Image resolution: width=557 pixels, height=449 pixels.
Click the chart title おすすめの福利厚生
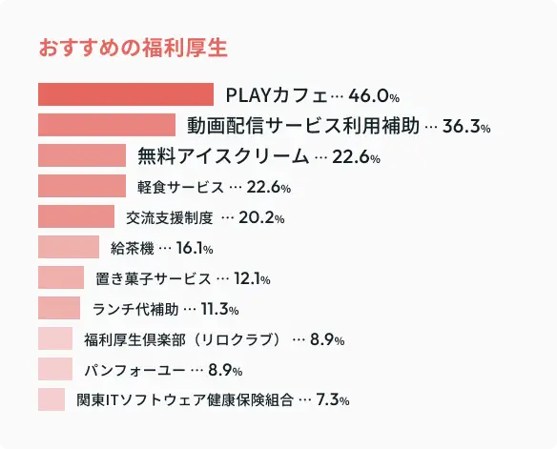click(x=133, y=48)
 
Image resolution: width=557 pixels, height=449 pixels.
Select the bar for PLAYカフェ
click(x=125, y=95)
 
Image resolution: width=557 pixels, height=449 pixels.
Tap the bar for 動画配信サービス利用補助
click(x=107, y=126)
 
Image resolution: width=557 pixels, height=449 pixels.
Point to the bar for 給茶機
click(x=69, y=248)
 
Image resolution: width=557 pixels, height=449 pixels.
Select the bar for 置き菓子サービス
click(x=61, y=278)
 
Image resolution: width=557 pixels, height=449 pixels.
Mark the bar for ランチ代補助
click(x=59, y=309)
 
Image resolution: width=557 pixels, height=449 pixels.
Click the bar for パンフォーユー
click(x=55, y=370)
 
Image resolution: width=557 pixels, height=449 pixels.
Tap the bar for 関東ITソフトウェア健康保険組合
click(x=52, y=400)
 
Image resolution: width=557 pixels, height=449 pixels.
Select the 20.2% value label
click(x=261, y=218)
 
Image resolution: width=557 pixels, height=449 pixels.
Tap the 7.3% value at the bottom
click(x=333, y=401)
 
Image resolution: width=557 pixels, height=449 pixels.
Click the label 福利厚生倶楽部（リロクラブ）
click(x=183, y=339)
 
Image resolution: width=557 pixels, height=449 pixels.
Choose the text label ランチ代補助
click(x=134, y=309)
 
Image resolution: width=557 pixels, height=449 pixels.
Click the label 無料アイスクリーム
click(x=223, y=156)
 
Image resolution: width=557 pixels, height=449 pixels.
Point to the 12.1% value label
click(x=253, y=279)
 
